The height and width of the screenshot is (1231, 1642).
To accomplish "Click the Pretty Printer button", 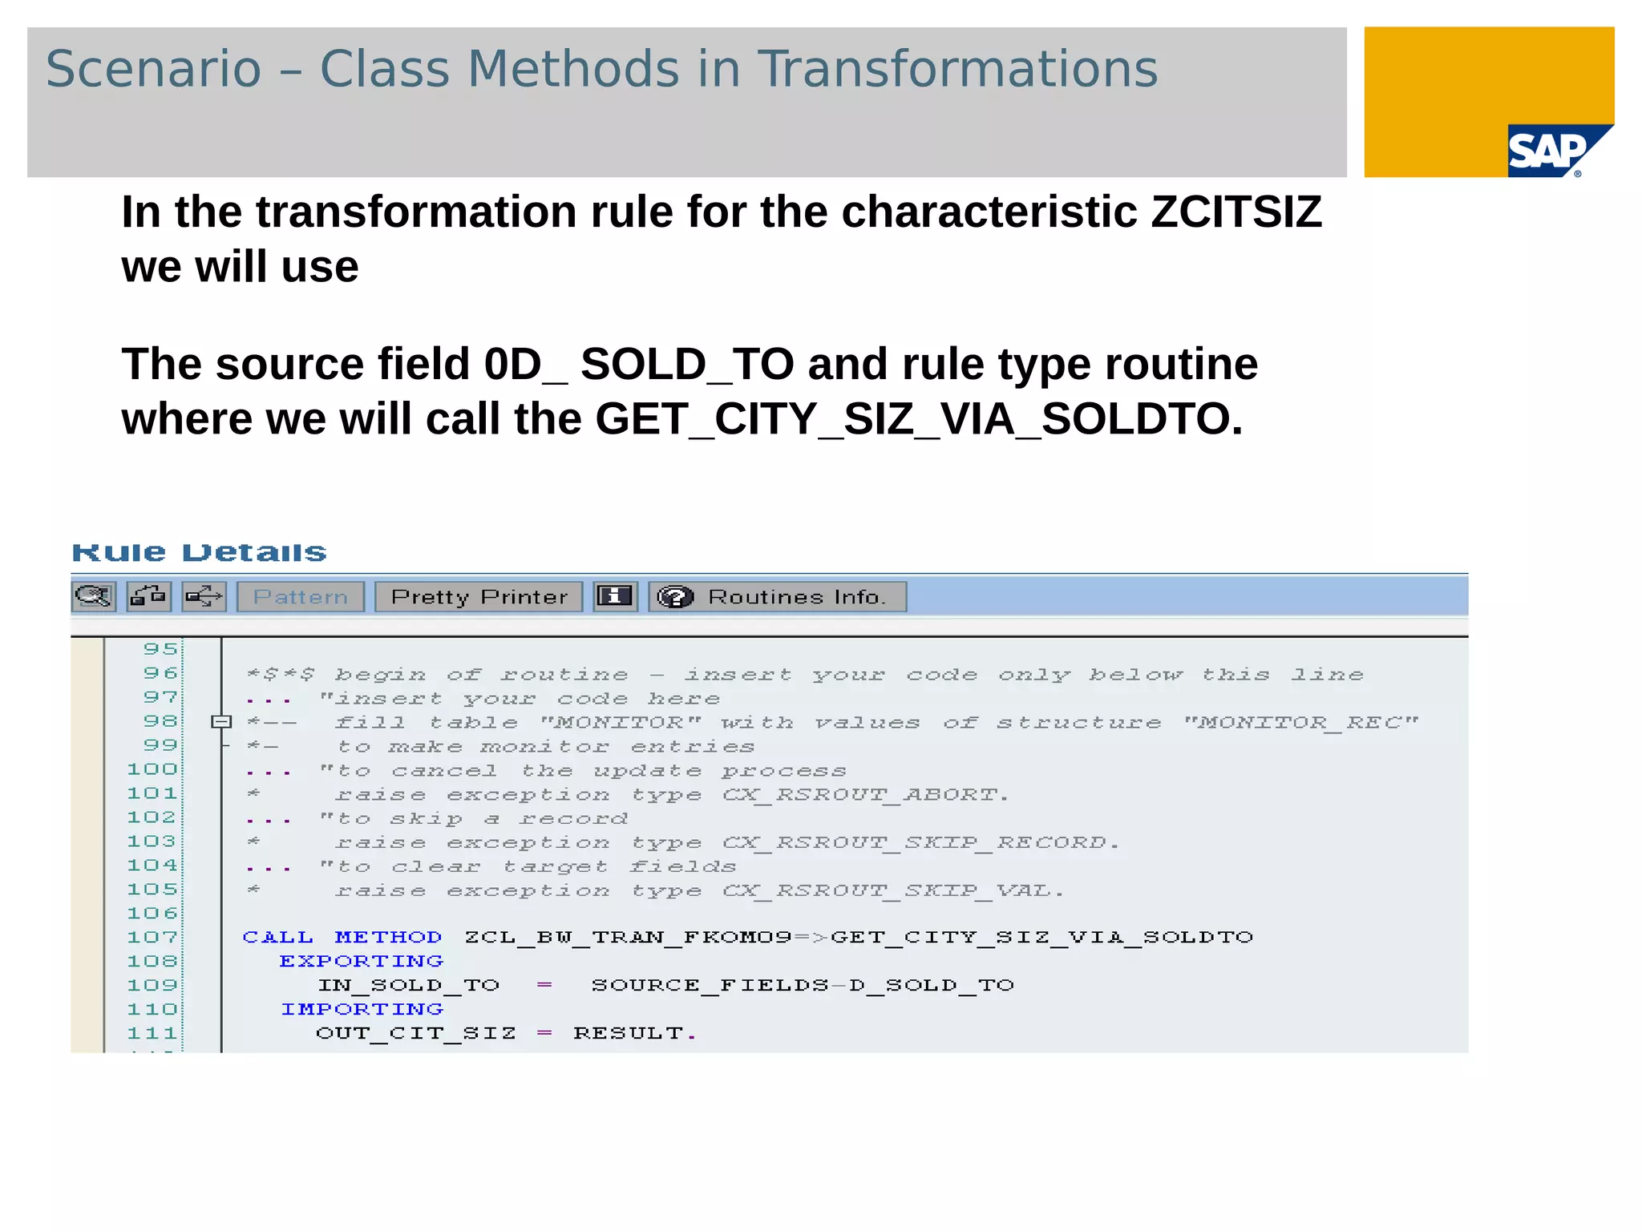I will (479, 597).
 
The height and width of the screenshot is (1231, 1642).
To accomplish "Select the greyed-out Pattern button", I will (301, 597).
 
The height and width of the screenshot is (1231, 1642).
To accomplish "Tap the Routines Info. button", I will (777, 597).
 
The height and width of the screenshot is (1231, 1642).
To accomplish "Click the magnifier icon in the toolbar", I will (94, 597).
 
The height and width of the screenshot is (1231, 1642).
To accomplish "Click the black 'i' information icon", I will (615, 597).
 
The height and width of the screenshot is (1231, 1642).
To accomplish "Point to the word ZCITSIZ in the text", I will (1236, 212).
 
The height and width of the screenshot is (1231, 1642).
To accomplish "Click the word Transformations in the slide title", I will (957, 69).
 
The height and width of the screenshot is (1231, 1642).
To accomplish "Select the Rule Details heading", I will (199, 552).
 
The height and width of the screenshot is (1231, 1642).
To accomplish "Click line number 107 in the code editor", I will (152, 937).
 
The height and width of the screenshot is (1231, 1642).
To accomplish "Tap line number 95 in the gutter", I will (160, 648).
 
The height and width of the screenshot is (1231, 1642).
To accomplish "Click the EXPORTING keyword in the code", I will (361, 961).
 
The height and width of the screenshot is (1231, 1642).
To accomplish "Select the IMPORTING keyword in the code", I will (362, 1009).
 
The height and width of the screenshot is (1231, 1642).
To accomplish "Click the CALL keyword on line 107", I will (277, 937).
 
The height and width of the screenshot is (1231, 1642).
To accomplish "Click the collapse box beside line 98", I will (221, 722).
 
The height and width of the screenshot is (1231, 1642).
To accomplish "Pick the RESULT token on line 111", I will (628, 1033).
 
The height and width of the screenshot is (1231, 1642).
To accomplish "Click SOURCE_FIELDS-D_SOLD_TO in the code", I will (803, 985).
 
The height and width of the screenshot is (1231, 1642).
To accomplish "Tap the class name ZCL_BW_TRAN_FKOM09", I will (628, 937).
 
